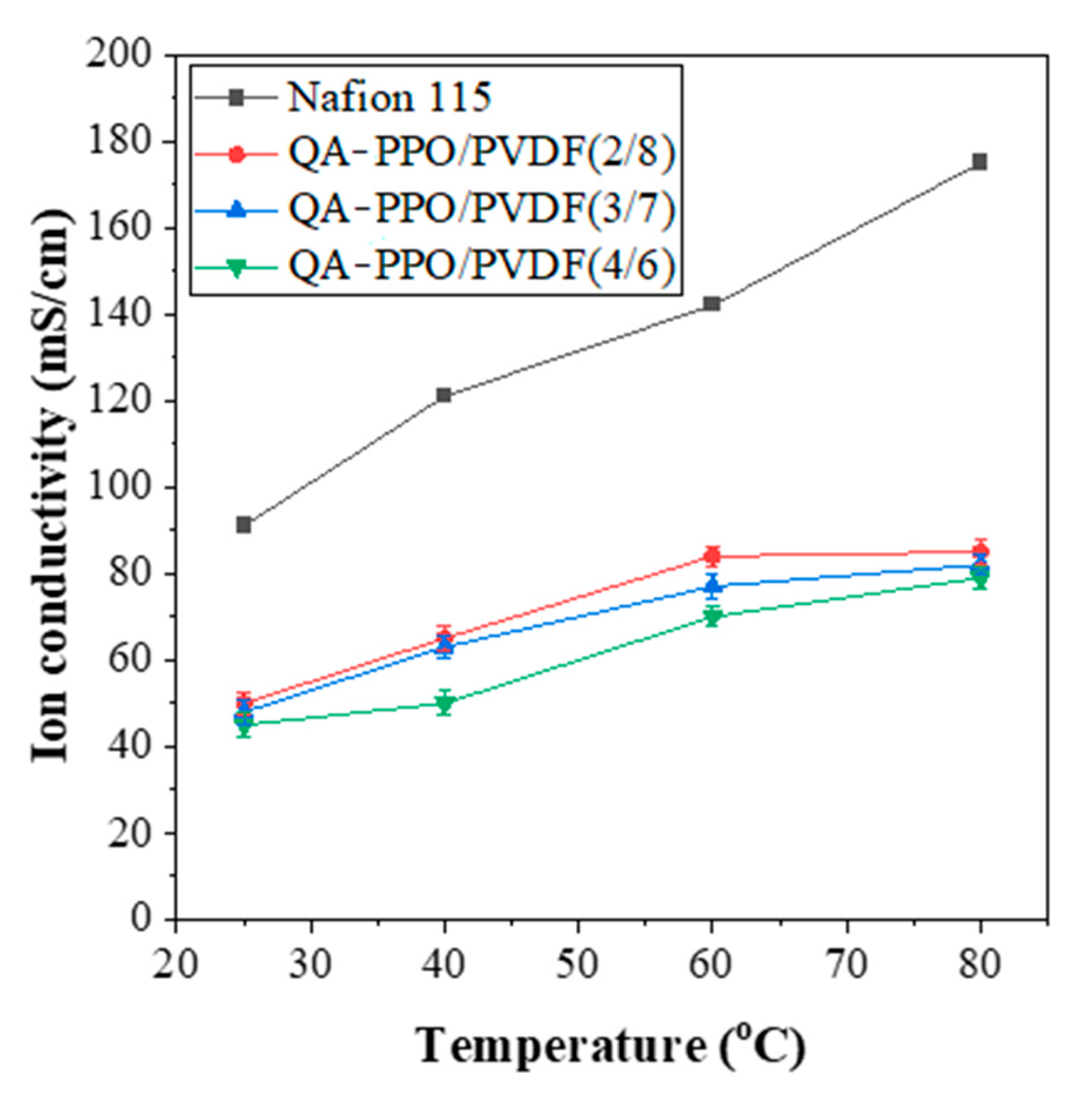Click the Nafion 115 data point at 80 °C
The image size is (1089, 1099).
[979, 162]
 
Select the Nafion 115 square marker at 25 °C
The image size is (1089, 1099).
[244, 525]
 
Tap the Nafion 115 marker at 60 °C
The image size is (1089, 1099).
[712, 304]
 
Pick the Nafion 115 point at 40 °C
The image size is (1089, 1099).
[444, 395]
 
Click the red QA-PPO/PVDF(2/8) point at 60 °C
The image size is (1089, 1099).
[712, 555]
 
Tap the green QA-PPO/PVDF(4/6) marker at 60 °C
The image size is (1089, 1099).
[712, 617]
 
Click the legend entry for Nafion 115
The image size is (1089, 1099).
[389, 98]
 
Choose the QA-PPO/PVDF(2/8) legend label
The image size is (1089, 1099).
[480, 153]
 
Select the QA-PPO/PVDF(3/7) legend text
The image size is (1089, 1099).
[480, 209]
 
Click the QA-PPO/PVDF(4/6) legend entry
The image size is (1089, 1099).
[480, 265]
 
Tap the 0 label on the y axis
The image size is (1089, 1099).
[140, 918]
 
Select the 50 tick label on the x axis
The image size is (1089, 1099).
[578, 964]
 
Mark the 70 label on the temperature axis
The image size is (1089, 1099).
[847, 964]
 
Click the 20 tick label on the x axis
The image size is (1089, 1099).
[175, 964]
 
